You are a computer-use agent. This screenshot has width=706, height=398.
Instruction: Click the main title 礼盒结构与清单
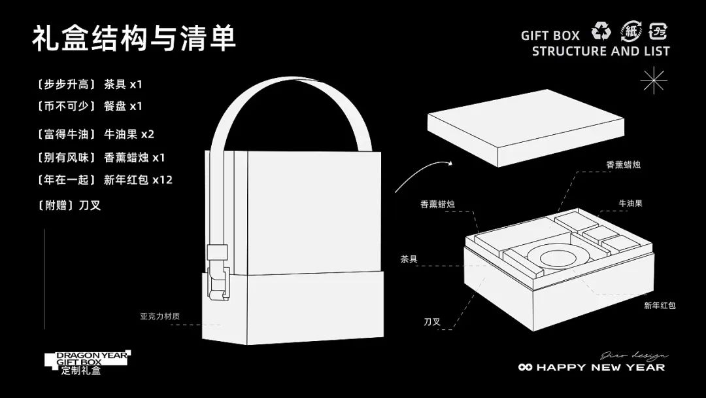click(x=133, y=39)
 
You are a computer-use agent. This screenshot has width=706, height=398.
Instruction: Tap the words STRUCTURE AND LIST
click(x=601, y=51)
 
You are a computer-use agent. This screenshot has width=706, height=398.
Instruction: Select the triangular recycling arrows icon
click(x=601, y=31)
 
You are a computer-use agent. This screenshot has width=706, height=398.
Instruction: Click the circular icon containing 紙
click(x=630, y=31)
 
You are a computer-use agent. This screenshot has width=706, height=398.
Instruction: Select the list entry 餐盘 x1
click(x=123, y=106)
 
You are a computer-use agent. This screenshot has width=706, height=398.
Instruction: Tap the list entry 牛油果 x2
click(x=129, y=135)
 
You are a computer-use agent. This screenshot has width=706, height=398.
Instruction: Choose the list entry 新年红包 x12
click(x=138, y=179)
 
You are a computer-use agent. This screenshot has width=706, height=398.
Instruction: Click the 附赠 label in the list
click(x=55, y=205)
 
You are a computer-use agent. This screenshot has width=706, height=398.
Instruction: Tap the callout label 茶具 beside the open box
click(x=409, y=259)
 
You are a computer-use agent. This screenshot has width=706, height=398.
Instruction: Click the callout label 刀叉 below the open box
click(x=432, y=321)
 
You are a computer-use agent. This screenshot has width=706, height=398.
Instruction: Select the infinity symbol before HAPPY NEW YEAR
click(x=526, y=368)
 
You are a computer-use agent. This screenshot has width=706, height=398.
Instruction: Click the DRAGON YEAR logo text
click(x=88, y=354)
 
